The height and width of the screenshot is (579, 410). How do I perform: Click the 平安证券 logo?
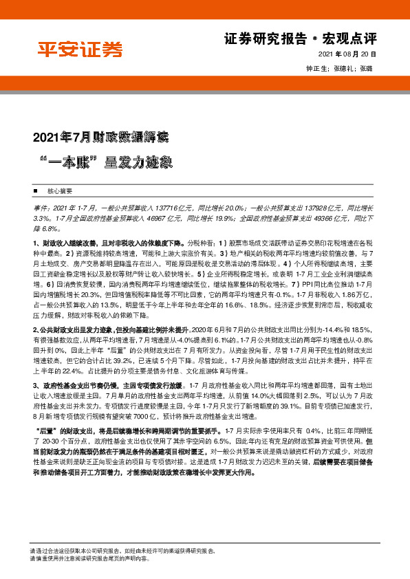coord(80,50)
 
